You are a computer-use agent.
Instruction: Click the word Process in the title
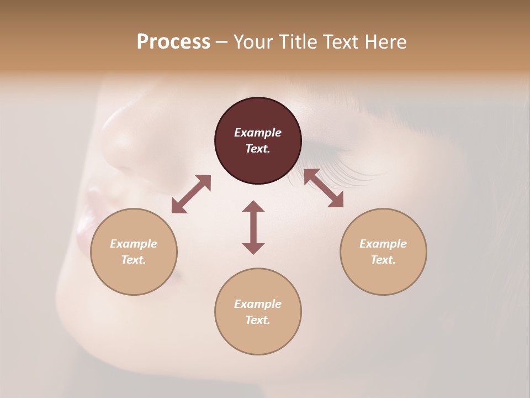click(x=173, y=42)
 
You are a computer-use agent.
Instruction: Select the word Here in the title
click(x=386, y=42)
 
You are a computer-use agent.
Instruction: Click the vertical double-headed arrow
click(x=253, y=227)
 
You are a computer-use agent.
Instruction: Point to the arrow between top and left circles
click(x=191, y=194)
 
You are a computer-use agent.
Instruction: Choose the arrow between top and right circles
click(x=324, y=188)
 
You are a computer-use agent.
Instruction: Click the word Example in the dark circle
click(x=258, y=133)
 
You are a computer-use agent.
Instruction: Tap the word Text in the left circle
click(x=134, y=260)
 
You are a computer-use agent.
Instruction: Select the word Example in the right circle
click(x=383, y=244)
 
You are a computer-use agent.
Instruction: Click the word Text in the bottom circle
click(x=258, y=320)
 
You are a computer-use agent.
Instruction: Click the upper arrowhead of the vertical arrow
click(x=253, y=206)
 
